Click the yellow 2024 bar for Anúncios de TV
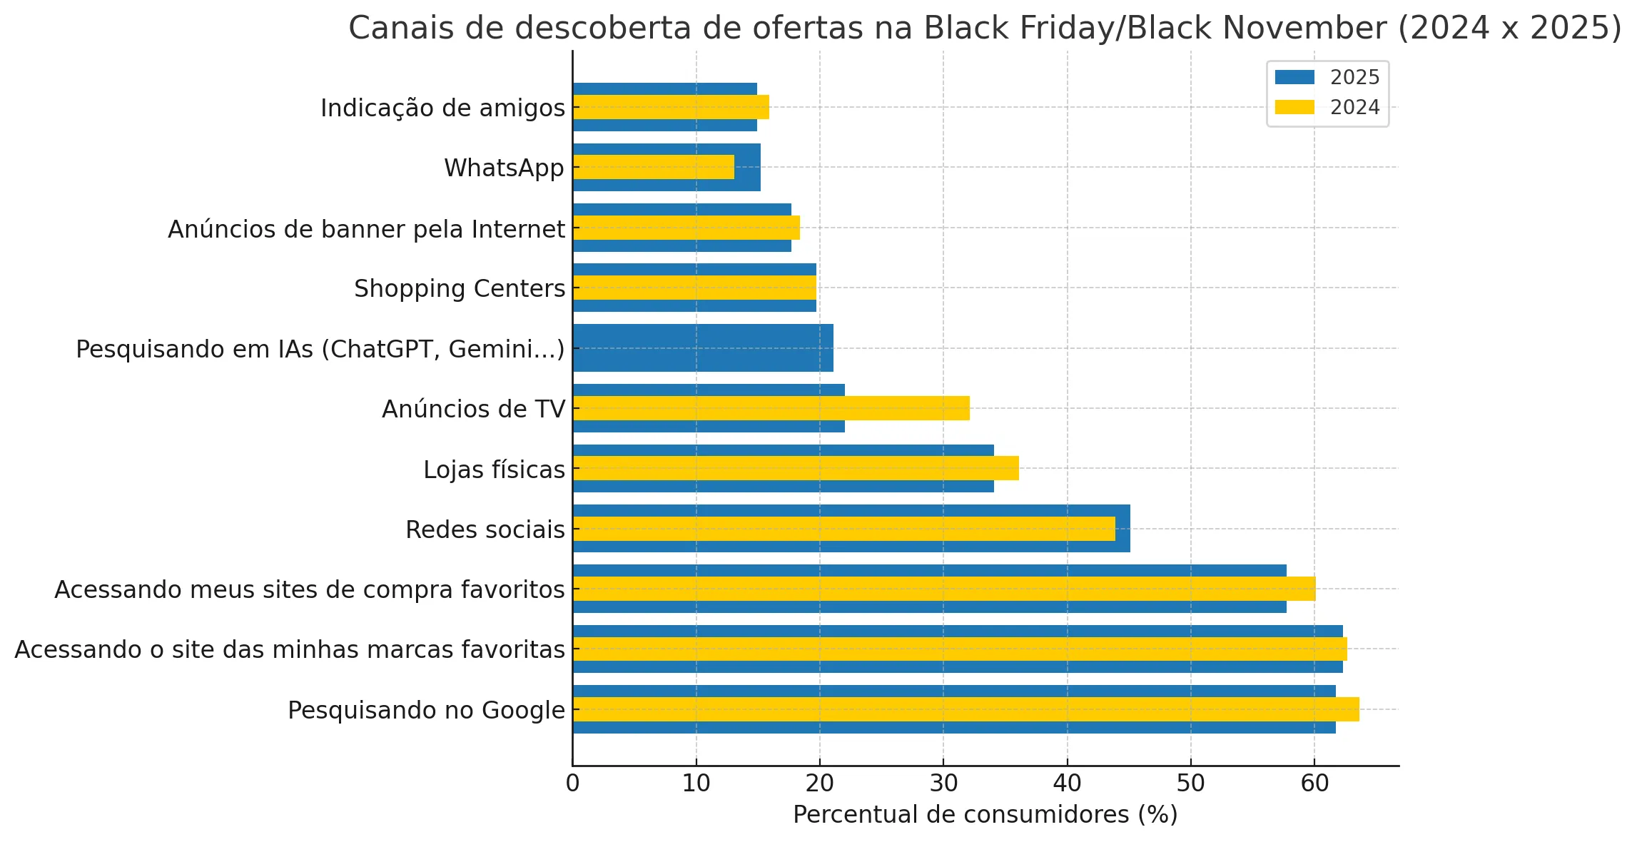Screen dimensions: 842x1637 [x=771, y=408]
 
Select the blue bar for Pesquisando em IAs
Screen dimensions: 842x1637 [x=703, y=348]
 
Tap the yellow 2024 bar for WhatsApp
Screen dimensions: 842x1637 [x=653, y=167]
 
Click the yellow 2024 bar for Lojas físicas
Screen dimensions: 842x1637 [x=796, y=468]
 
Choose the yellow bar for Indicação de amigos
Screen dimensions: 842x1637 [x=671, y=107]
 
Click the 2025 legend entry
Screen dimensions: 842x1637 [x=1327, y=77]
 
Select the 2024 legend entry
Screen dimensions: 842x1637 [x=1327, y=107]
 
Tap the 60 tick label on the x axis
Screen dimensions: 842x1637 [x=1314, y=783]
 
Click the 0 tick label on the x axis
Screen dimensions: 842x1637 [x=572, y=783]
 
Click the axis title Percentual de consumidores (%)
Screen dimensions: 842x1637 [x=985, y=814]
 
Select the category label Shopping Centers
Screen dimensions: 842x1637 [x=460, y=288]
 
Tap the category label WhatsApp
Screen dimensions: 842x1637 [x=504, y=168]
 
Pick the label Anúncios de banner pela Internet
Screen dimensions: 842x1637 [x=366, y=229]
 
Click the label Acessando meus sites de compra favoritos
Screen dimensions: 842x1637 [x=310, y=589]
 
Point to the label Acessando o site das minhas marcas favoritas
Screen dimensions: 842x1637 [x=290, y=649]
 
